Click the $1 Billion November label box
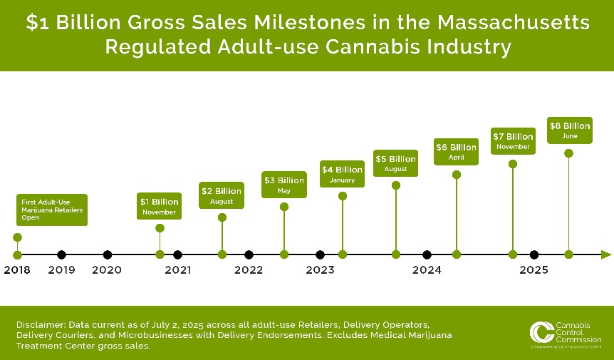point(160,206)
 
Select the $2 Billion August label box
point(222,195)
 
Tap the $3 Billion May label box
point(283,185)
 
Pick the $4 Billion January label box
point(342,174)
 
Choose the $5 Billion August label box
point(395,163)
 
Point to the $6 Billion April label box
point(456,152)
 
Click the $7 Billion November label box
point(512,141)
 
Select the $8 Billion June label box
point(568,130)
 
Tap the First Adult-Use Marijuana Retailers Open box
point(52,210)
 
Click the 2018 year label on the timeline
point(17,270)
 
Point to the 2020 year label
point(107,270)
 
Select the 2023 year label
point(320,270)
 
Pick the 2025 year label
point(534,270)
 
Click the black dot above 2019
point(62,254)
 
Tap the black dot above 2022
point(249,254)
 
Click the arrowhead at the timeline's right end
point(605,254)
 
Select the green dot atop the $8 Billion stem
point(568,153)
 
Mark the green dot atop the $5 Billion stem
point(396,185)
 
